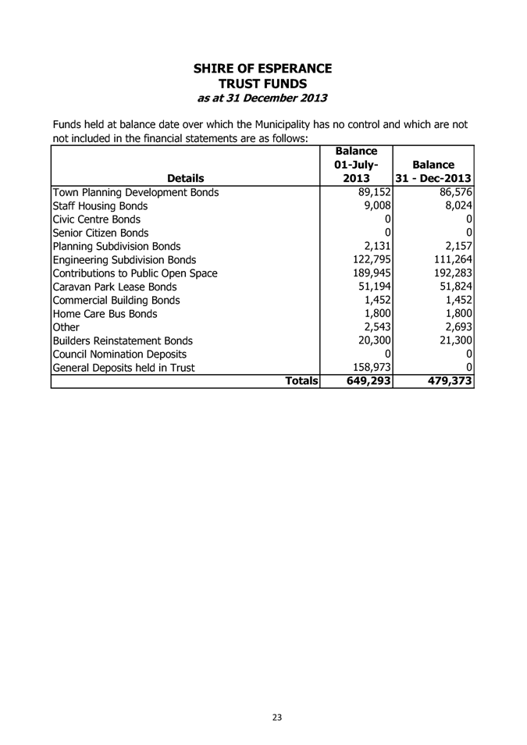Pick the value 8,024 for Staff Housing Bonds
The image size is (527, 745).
tap(457, 209)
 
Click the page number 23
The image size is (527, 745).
tap(277, 718)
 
